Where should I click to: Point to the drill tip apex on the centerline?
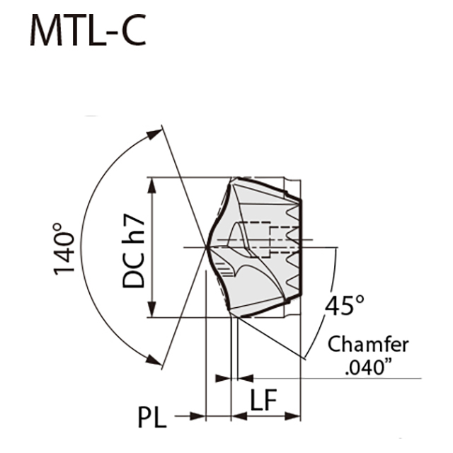(206, 247)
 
